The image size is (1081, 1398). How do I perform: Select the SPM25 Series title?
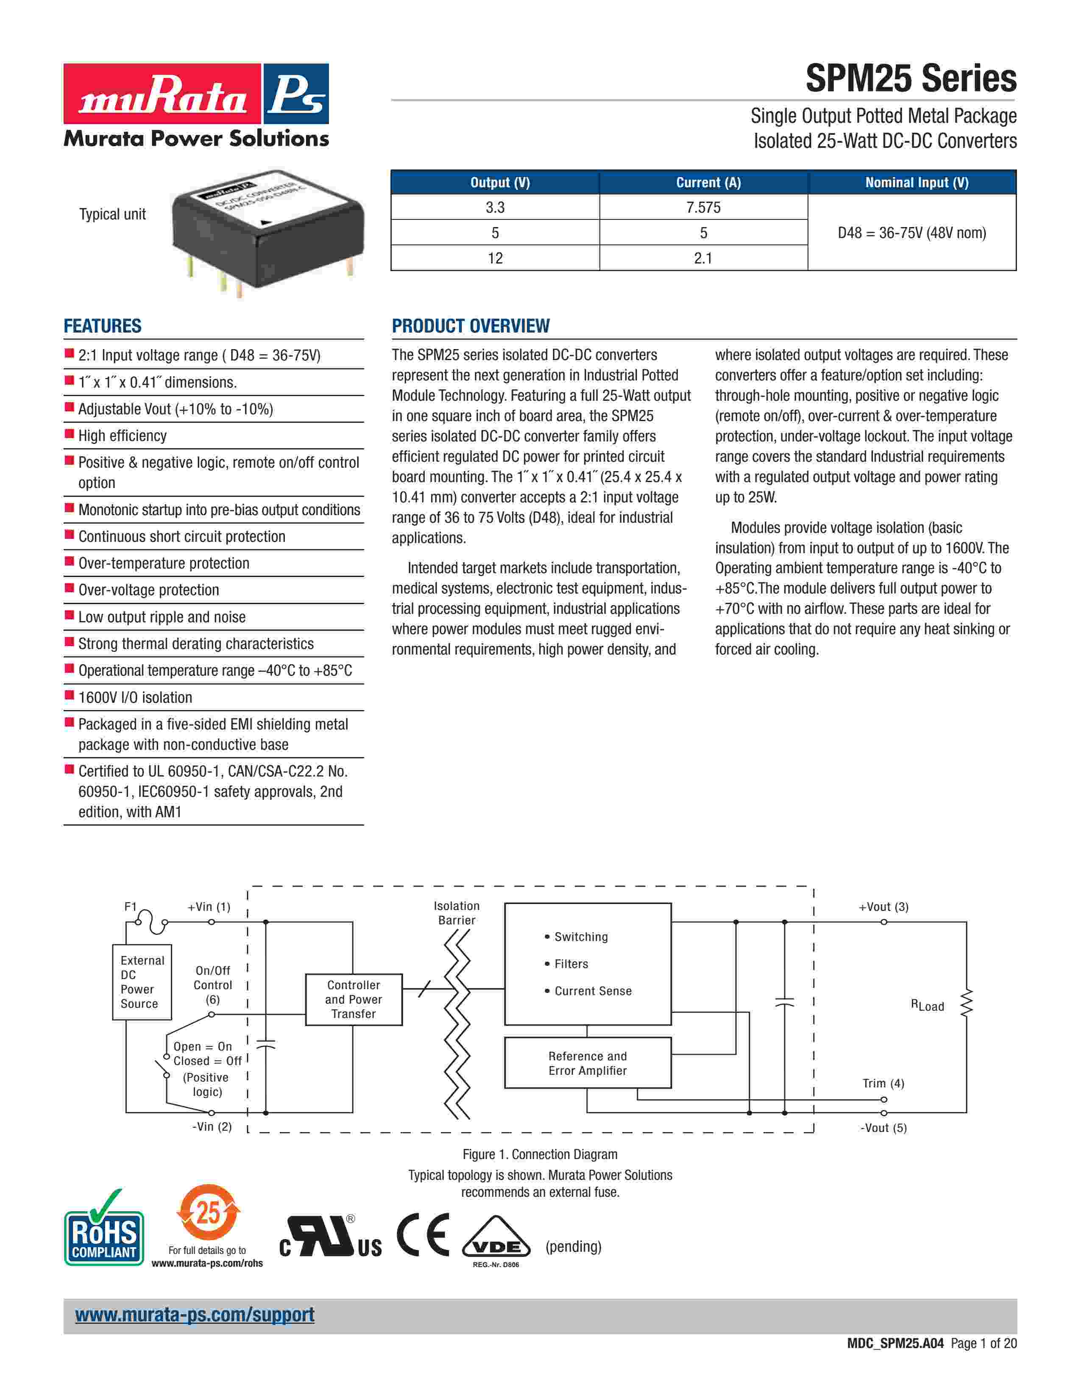(911, 79)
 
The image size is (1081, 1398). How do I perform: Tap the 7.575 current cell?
(703, 208)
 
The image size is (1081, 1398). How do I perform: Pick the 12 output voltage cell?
(495, 258)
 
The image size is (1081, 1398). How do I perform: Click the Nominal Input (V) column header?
(917, 183)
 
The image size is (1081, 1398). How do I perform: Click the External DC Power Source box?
(142, 982)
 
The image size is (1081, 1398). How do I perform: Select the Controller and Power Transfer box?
(354, 999)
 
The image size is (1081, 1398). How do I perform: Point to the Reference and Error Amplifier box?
(587, 1063)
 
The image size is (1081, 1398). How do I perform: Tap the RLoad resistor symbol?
(967, 1003)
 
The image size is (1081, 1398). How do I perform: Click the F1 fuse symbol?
(151, 922)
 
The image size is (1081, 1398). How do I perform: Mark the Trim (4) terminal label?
(883, 1083)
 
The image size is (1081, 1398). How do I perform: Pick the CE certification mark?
(423, 1235)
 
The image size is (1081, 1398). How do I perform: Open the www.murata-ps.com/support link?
(195, 1315)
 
